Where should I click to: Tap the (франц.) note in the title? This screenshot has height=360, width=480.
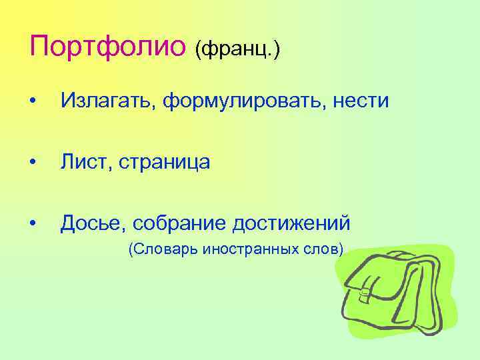click(x=237, y=49)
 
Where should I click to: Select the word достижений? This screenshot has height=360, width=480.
click(x=291, y=223)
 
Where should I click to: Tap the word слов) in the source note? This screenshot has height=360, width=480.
click(x=324, y=249)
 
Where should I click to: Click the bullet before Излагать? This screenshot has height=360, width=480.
click(x=33, y=101)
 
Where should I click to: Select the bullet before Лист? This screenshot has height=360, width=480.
click(x=33, y=162)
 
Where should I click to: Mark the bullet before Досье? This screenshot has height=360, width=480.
click(x=33, y=223)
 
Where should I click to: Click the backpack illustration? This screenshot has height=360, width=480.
click(x=397, y=290)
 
